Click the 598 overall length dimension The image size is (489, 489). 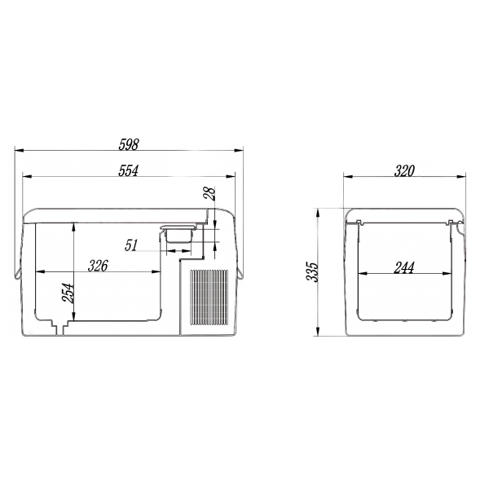[x=129, y=144]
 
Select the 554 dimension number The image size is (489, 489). [x=128, y=170]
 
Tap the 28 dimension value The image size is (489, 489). [x=209, y=193]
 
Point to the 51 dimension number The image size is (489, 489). [x=131, y=245]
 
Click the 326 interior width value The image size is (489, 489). [x=98, y=266]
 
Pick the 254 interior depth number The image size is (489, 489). [x=68, y=293]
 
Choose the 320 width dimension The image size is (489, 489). [x=404, y=171]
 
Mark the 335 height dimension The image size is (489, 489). [x=312, y=272]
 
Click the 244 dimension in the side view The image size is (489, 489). [x=404, y=267]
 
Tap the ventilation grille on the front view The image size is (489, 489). [x=209, y=297]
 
